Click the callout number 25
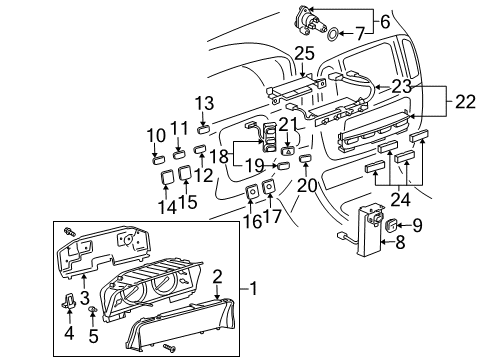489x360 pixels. pyautogui.click(x=304, y=53)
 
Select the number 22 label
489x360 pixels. pyautogui.click(x=465, y=102)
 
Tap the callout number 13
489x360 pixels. pyautogui.click(x=204, y=103)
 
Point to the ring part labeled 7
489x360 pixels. pyautogui.click(x=333, y=34)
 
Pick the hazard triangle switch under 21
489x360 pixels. pyautogui.click(x=288, y=151)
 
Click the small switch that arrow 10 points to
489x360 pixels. pyautogui.click(x=158, y=160)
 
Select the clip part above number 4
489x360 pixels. pyautogui.click(x=69, y=300)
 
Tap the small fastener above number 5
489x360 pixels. pyautogui.click(x=92, y=309)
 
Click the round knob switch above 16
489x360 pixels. pyautogui.click(x=252, y=191)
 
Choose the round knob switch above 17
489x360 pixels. pyautogui.click(x=268, y=186)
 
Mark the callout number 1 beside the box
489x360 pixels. pyautogui.click(x=254, y=288)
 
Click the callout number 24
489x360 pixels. pyautogui.click(x=400, y=200)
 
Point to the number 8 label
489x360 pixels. pyautogui.click(x=400, y=242)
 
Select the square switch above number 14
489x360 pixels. pyautogui.click(x=167, y=177)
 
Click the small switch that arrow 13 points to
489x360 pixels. pyautogui.click(x=204, y=129)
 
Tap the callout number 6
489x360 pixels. pyautogui.click(x=385, y=22)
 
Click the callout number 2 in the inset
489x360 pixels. pyautogui.click(x=217, y=277)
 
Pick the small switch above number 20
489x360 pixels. pyautogui.click(x=305, y=159)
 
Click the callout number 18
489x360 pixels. pyautogui.click(x=219, y=156)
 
